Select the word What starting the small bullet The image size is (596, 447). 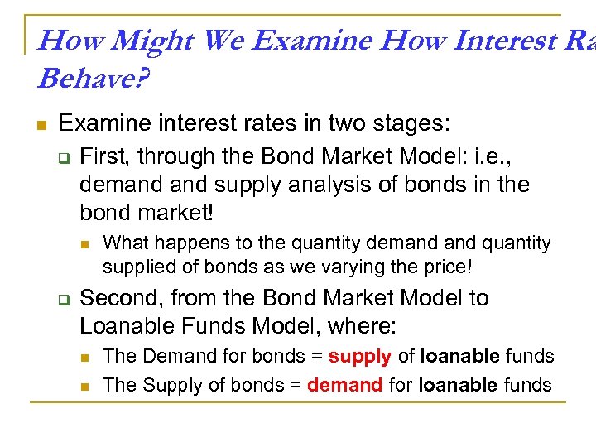pyautogui.click(x=125, y=243)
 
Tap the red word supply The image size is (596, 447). pyautogui.click(x=359, y=357)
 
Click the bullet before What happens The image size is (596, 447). pyautogui.click(x=85, y=243)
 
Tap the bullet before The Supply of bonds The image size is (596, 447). pyautogui.click(x=85, y=385)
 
